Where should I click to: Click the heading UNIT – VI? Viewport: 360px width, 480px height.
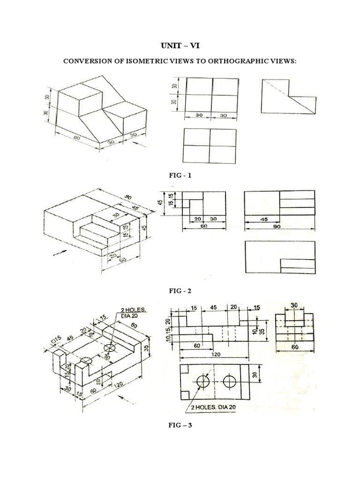tap(180, 45)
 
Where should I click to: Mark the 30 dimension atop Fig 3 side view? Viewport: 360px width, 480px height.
tap(294, 305)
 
